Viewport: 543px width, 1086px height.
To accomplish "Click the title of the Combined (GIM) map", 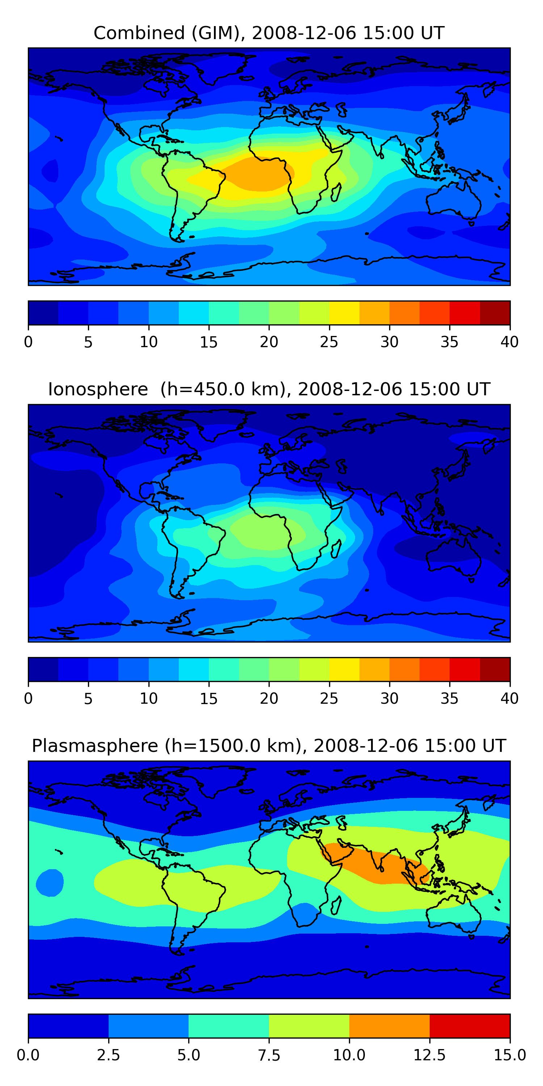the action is pos(269,33).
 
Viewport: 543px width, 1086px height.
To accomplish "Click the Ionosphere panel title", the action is pos(269,389).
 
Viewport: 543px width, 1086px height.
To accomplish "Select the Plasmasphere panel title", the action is pos(269,746).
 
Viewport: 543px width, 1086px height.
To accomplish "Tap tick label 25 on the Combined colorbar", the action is pos(329,342).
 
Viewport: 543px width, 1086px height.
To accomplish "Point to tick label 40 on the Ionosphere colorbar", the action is pos(509,699).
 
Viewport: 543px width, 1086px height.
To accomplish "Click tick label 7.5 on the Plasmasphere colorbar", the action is pos(269,1055).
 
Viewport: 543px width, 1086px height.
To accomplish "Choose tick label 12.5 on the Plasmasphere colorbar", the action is pos(430,1055).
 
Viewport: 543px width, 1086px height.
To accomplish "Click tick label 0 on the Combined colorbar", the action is pos(28,342).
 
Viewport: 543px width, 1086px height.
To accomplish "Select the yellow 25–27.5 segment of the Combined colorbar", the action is pos(344,313).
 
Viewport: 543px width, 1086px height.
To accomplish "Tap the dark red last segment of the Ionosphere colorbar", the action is pos(495,669).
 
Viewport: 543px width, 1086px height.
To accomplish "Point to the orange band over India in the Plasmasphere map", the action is pos(375,863).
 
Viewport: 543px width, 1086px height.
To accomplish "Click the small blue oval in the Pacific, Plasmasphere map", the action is pos(50,883).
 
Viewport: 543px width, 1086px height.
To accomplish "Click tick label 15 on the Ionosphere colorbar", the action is pos(209,699).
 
